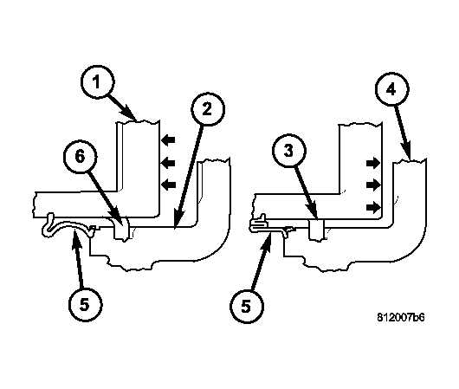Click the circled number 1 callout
pyautogui.click(x=98, y=81)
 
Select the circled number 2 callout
pyautogui.click(x=208, y=109)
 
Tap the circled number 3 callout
pyautogui.click(x=289, y=151)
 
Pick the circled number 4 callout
pyautogui.click(x=392, y=89)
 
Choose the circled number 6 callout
pyautogui.click(x=81, y=156)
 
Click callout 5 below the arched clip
pyautogui.click(x=85, y=305)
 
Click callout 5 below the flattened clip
pyautogui.click(x=247, y=306)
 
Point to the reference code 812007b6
pyautogui.click(x=400, y=317)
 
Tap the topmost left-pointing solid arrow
pyautogui.click(x=169, y=139)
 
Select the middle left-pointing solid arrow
pyautogui.click(x=169, y=163)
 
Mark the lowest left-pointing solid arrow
pyautogui.click(x=169, y=185)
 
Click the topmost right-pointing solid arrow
pyautogui.click(x=373, y=163)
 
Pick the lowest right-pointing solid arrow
pyautogui.click(x=373, y=208)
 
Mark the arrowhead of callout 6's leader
pyautogui.click(x=117, y=218)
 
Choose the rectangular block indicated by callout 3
pyautogui.click(x=316, y=230)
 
